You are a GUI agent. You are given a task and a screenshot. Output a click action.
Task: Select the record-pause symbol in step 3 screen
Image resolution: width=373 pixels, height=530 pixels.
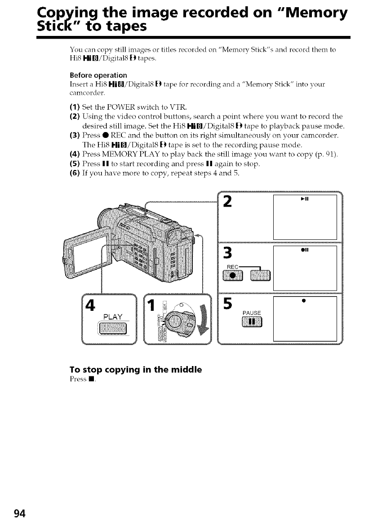click(306, 251)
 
